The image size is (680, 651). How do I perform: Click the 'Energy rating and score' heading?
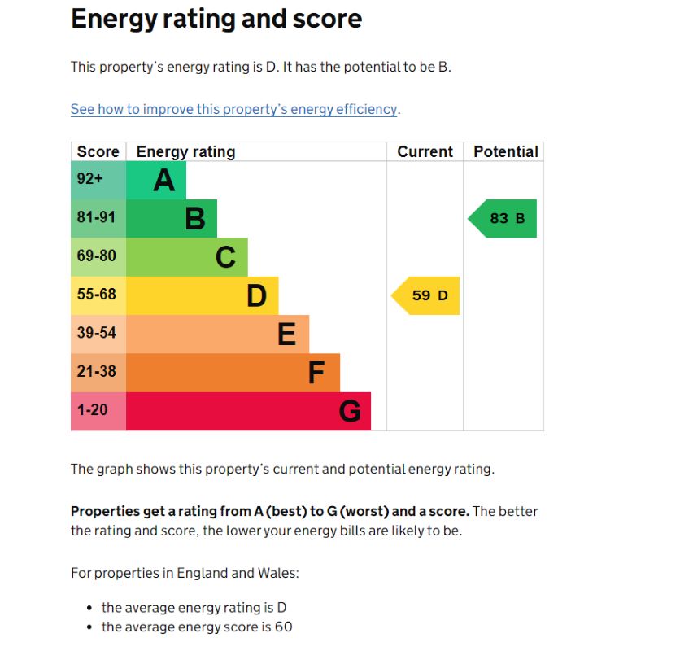click(216, 19)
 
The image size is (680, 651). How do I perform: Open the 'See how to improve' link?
click(234, 109)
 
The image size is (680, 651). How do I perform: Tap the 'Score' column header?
click(98, 151)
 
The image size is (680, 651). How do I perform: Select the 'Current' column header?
click(425, 151)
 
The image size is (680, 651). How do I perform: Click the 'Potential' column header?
click(505, 151)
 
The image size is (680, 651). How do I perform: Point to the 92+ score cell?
click(91, 179)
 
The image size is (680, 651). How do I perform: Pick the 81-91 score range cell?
click(97, 217)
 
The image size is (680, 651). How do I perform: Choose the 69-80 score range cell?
click(97, 256)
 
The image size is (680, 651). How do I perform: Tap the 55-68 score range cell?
click(97, 295)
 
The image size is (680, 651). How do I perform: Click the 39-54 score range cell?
click(97, 333)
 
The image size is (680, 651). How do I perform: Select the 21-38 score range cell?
click(97, 371)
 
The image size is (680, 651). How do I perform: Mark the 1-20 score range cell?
click(92, 410)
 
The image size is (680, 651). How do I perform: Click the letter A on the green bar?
click(164, 180)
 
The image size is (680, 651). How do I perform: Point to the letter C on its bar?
click(225, 257)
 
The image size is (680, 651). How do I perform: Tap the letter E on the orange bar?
click(286, 334)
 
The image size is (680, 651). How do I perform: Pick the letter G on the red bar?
click(349, 412)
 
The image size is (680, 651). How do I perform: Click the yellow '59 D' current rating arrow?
click(427, 295)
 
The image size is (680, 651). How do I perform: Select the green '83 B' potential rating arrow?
click(504, 218)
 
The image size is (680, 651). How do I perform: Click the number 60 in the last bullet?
click(283, 627)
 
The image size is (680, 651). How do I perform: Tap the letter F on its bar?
click(316, 373)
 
